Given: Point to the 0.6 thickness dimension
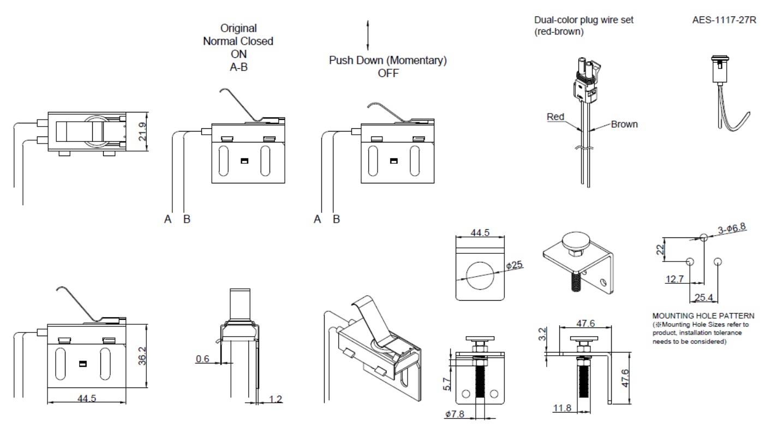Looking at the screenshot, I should (203, 359).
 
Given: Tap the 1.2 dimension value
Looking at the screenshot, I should (276, 399).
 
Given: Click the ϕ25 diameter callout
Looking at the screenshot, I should (515, 265).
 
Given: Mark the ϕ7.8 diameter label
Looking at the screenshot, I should (455, 415).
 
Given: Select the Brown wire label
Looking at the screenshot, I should (624, 124).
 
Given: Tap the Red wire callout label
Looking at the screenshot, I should (555, 117).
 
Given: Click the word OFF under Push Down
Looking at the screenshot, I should (388, 73).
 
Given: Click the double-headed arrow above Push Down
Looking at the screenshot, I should (368, 34).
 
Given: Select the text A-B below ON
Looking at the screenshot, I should (238, 66).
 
